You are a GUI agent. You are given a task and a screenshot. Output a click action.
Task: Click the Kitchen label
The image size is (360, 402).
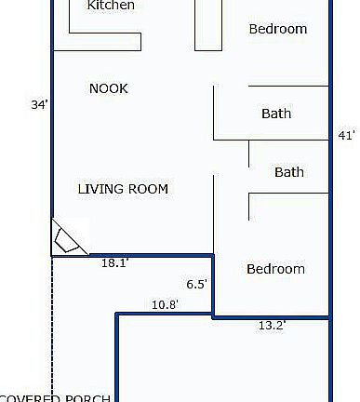coord(111,6)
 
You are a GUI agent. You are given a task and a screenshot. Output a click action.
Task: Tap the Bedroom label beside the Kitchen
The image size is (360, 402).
coord(277,29)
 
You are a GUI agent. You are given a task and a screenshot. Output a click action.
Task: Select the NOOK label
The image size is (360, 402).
coord(108,88)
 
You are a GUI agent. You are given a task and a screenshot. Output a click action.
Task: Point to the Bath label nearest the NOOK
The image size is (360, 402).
coord(276,114)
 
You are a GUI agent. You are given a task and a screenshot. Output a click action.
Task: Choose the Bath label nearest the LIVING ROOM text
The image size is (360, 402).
coord(288,172)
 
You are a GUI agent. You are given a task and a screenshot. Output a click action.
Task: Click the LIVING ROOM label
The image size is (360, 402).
coord(123,189)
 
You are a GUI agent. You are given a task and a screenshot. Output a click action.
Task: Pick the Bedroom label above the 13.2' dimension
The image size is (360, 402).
coord(275,269)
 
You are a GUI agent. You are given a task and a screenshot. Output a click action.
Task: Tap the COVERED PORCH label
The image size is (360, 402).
coord(56,397)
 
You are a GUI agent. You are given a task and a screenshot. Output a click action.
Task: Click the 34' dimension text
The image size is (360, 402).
coord(39,105)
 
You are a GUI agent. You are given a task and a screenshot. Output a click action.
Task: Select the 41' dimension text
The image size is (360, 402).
coord(346,136)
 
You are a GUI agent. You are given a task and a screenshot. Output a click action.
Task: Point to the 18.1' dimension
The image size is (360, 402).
coord(114,263)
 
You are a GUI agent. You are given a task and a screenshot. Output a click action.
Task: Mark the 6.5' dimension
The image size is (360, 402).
coord(196,285)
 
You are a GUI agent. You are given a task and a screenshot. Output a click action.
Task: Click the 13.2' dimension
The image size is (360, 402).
coord(271,325)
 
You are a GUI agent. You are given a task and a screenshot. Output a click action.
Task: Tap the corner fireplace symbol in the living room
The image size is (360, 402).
coord(67,239)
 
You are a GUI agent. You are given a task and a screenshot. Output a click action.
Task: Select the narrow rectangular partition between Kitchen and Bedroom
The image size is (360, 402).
coord(207,26)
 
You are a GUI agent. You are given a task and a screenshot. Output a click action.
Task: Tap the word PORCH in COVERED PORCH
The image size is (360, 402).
coord(89,397)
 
